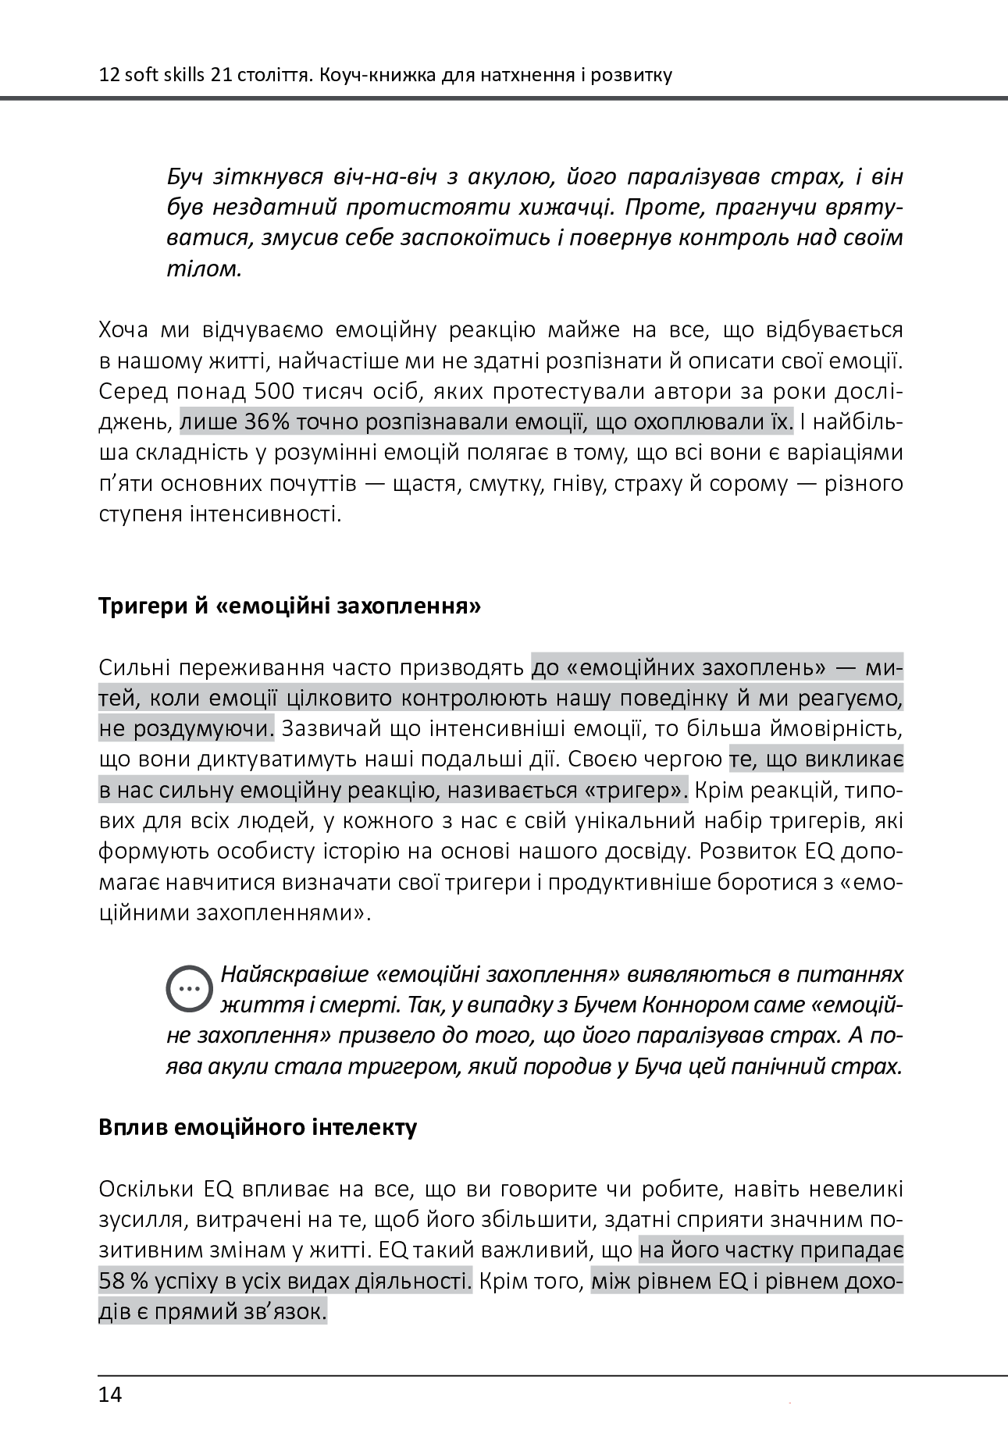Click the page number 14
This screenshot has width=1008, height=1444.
[110, 1394]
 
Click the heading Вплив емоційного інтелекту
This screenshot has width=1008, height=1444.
[258, 1128]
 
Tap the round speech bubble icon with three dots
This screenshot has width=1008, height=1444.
[189, 988]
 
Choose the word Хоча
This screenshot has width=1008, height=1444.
[124, 331]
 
